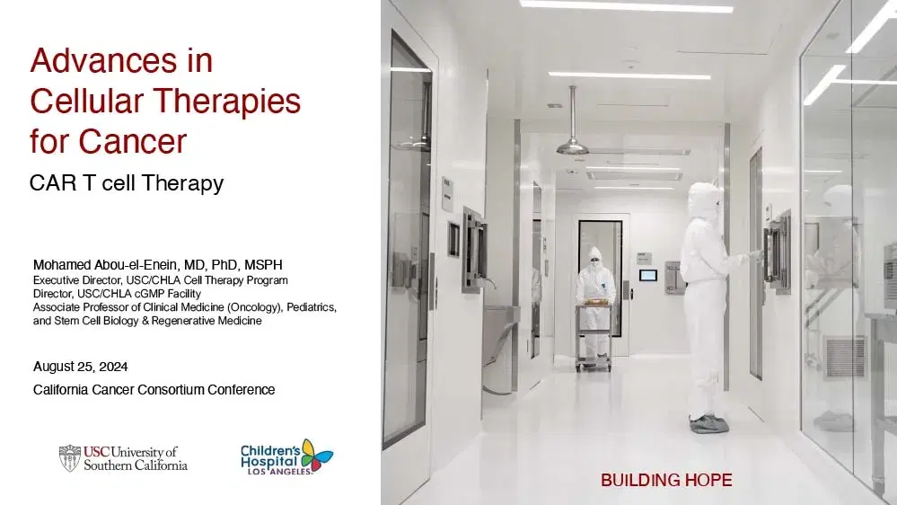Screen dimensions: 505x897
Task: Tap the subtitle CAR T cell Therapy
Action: (x=126, y=184)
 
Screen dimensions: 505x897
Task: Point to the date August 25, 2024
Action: (x=80, y=367)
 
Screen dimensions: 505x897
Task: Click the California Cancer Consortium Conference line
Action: (x=154, y=390)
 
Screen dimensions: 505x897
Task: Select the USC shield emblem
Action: (x=69, y=456)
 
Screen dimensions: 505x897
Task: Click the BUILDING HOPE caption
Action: (x=666, y=481)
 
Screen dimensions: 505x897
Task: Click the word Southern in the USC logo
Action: (x=109, y=465)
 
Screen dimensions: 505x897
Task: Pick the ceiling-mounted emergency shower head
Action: (x=572, y=145)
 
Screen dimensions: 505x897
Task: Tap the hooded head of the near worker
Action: (x=703, y=199)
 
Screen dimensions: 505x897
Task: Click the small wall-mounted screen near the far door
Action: (x=647, y=274)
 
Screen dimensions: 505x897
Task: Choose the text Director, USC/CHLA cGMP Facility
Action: (x=117, y=293)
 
